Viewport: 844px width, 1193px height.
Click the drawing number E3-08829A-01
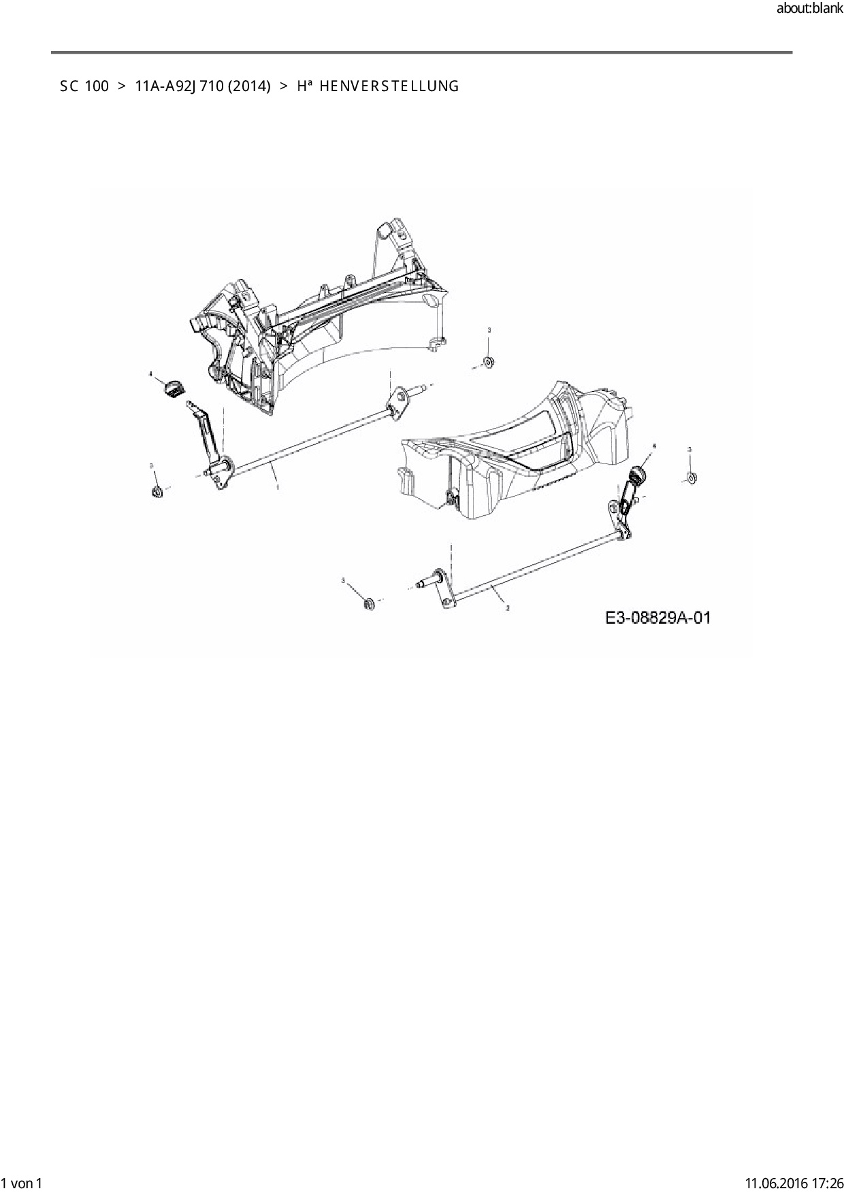pos(658,618)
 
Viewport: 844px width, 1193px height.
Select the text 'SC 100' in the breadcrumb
pos(84,86)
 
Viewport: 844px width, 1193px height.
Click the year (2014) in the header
pos(249,86)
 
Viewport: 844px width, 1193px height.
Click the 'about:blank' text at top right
pos(809,9)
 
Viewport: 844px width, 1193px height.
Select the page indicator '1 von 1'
pos(22,1183)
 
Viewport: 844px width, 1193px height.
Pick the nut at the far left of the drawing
pos(157,490)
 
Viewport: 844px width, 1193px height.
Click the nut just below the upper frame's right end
pos(488,362)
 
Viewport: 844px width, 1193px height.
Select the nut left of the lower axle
pos(369,603)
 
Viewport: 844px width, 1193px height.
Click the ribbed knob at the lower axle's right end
pos(638,475)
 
